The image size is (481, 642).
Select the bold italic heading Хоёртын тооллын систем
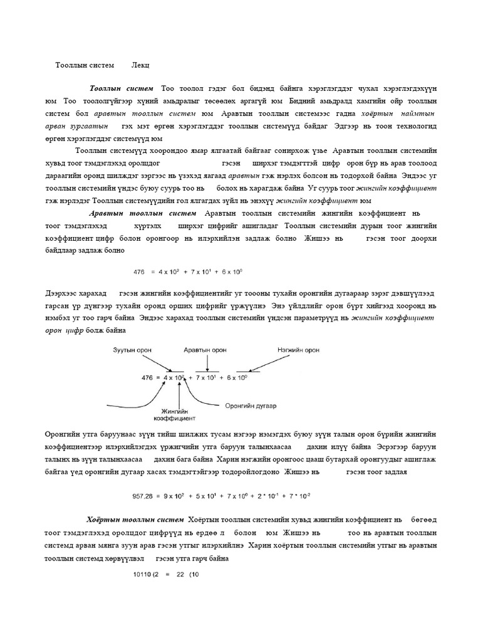tap(136, 519)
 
